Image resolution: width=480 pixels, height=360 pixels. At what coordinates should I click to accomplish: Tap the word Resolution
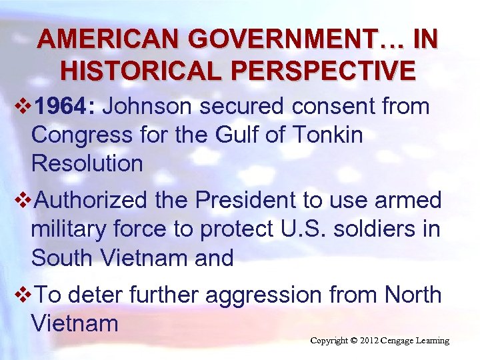[x=87, y=163]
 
